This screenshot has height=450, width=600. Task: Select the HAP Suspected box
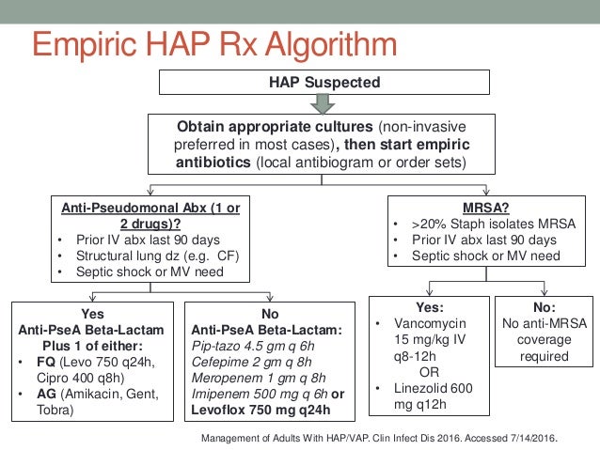coord(325,82)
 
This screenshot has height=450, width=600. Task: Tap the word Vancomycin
coord(434,322)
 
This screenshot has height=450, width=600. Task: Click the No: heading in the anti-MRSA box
coord(544,306)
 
